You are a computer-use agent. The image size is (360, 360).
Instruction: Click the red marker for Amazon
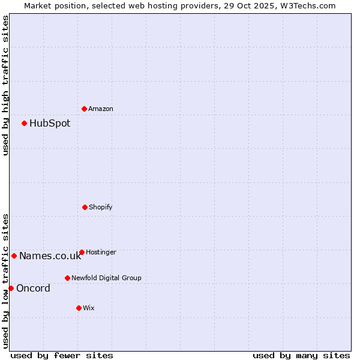tap(84, 109)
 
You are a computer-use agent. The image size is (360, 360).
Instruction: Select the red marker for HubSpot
tap(24, 123)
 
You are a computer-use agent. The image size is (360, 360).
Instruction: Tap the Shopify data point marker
tap(85, 207)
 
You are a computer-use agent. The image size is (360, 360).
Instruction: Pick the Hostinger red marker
tap(82, 252)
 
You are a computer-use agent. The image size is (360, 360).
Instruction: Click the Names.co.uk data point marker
tap(14, 256)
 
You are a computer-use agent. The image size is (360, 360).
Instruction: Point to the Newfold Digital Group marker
tap(67, 278)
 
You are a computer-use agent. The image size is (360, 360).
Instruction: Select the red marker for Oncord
tap(11, 288)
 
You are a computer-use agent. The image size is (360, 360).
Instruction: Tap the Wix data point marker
tap(79, 308)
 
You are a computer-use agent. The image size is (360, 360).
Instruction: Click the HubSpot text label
tap(50, 124)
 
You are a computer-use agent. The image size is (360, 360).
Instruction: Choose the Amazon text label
tap(101, 109)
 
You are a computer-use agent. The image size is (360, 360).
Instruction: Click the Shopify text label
tap(101, 208)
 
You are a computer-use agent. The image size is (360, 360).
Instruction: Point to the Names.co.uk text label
tap(50, 256)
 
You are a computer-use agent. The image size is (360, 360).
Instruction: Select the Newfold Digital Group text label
tap(106, 278)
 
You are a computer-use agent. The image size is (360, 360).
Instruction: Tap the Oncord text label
tap(33, 289)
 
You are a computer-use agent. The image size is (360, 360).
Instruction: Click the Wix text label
tap(89, 308)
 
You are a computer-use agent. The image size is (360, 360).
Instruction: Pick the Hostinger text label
tap(101, 253)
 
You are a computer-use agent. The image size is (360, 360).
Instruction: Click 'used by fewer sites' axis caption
tap(62, 355)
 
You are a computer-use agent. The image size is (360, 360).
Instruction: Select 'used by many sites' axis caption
tap(301, 355)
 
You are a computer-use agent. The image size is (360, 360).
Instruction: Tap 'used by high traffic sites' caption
tap(5, 85)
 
